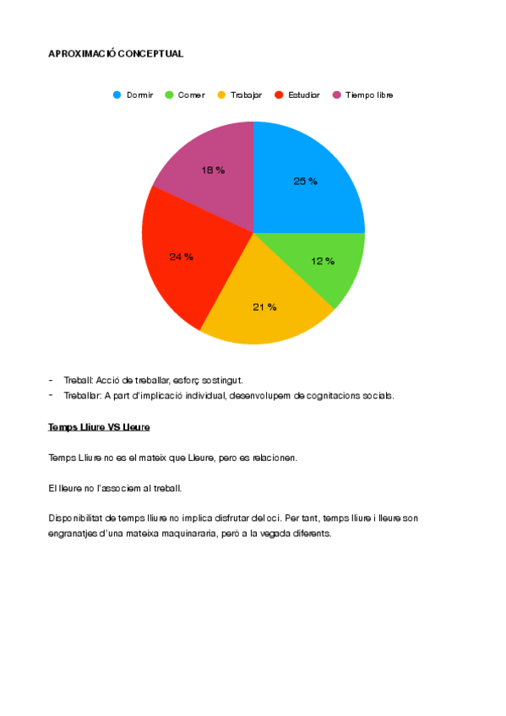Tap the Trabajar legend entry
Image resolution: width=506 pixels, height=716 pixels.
pyautogui.click(x=240, y=95)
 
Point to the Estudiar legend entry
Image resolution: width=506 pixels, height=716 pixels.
pyautogui.click(x=297, y=95)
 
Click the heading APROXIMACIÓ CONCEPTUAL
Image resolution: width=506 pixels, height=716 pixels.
pyautogui.click(x=116, y=54)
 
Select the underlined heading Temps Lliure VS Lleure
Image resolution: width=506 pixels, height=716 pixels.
pyautogui.click(x=99, y=427)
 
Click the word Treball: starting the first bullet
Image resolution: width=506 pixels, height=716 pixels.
pyautogui.click(x=78, y=381)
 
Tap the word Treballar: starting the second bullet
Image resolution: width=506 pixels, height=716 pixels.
pyautogui.click(x=82, y=395)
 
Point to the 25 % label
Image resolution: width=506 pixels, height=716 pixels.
pyautogui.click(x=305, y=182)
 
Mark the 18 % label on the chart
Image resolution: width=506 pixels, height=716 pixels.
pyautogui.click(x=213, y=171)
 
